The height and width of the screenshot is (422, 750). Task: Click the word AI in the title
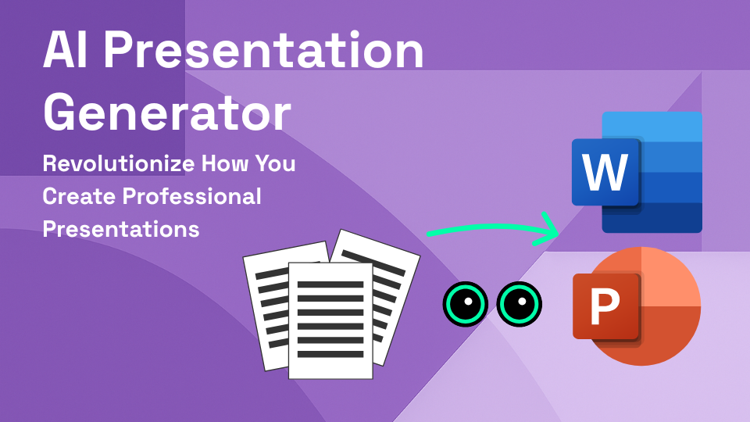(68, 52)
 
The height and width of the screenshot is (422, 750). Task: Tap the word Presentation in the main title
(264, 52)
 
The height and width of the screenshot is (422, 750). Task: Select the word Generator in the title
(167, 113)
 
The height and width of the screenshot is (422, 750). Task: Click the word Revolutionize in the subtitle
(112, 165)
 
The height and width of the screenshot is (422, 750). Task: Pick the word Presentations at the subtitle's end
(121, 230)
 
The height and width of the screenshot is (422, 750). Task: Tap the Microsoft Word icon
(637, 173)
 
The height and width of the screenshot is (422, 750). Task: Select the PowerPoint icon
(637, 306)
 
